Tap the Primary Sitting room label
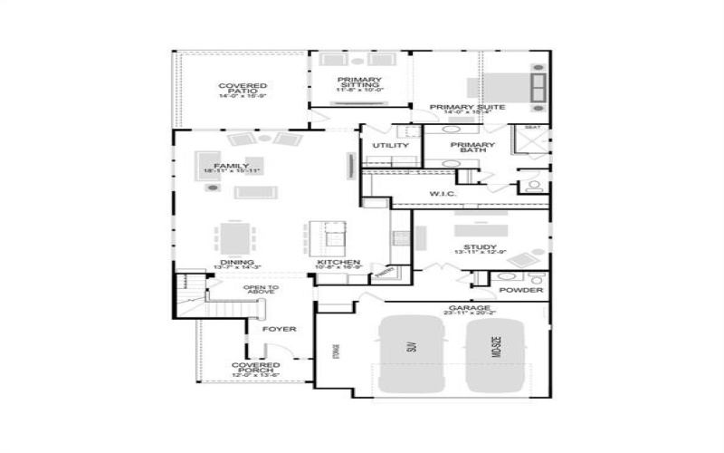pos(360,83)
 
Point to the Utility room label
pos(391,145)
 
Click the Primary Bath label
pos(473,147)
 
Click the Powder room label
pos(521,290)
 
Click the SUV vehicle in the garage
pos(412,353)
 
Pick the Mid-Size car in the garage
pos(495,353)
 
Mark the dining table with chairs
pos(235,237)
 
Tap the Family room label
pos(219,167)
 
